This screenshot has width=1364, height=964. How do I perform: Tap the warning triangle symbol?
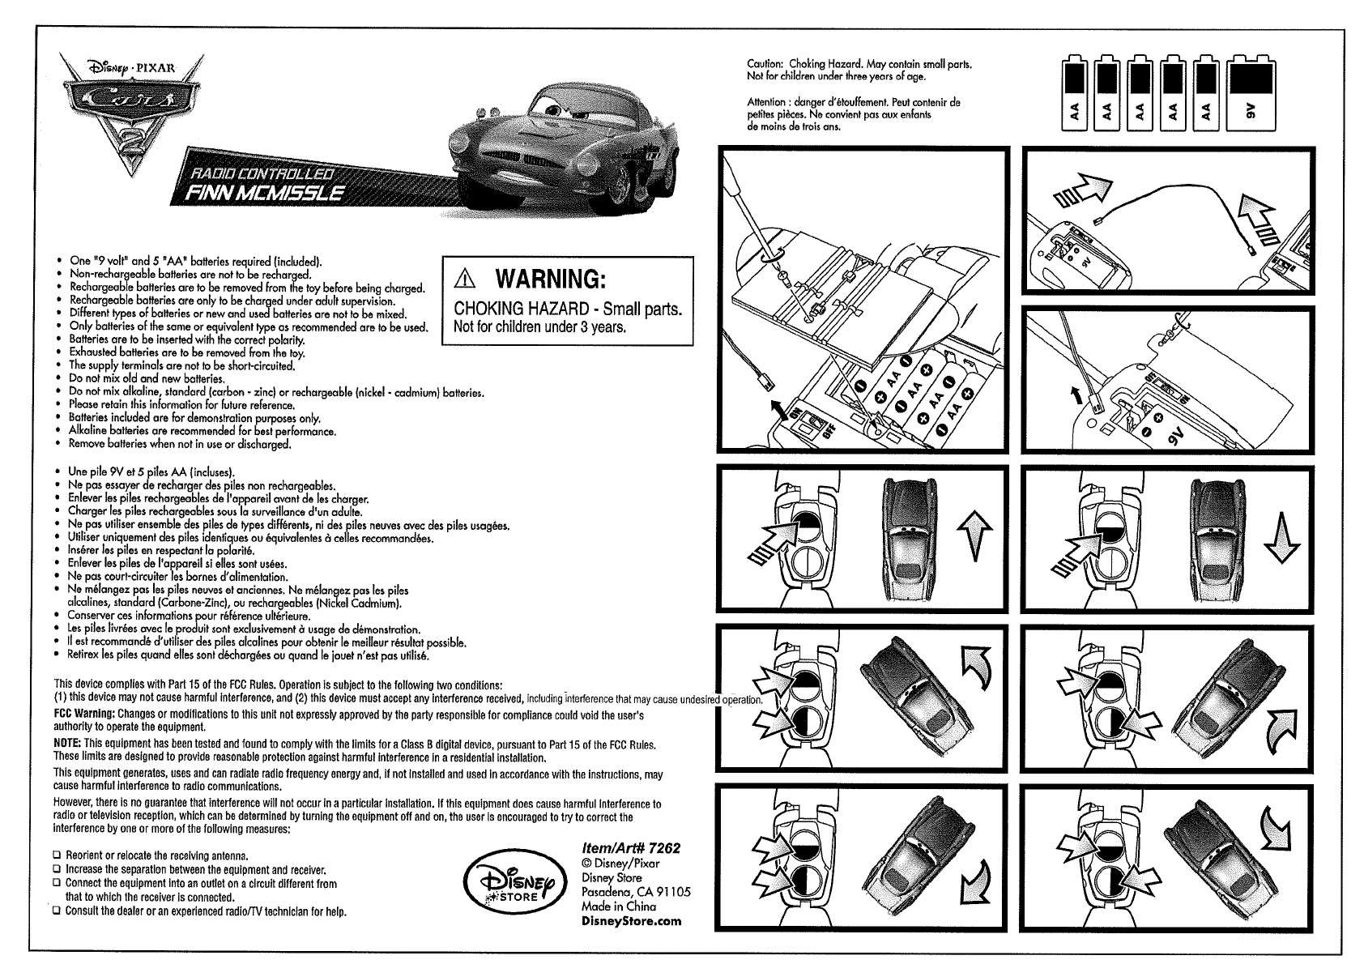[x=467, y=279]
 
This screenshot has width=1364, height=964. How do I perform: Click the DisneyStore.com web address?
[x=632, y=920]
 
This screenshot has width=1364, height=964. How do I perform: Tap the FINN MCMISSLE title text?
[x=265, y=193]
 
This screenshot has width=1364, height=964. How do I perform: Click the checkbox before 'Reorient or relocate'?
[x=58, y=855]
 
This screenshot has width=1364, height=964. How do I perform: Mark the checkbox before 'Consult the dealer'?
[x=58, y=911]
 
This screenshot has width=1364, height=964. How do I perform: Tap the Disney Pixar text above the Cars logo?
[x=138, y=68]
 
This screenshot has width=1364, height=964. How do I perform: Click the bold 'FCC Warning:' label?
[x=84, y=715]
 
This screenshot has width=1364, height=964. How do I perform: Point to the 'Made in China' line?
[x=620, y=906]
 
